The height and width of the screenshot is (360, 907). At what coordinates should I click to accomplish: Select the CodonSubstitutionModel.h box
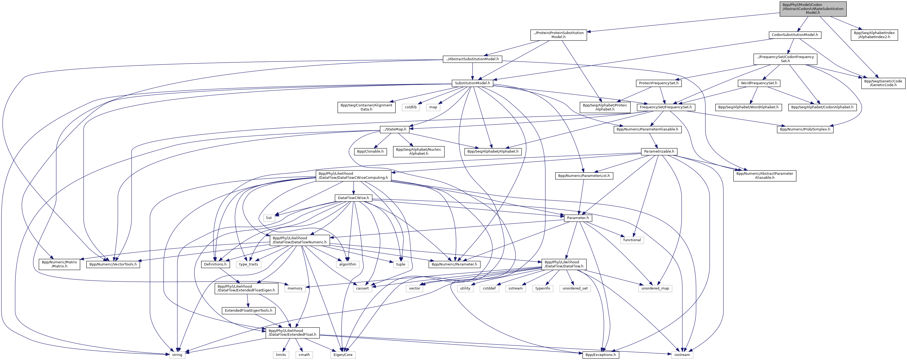795,35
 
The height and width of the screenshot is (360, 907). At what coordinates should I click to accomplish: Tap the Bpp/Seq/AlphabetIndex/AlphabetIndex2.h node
874,35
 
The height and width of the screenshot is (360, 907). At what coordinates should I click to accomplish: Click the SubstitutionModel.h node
472,83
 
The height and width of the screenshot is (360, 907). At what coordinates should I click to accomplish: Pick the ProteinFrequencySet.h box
659,83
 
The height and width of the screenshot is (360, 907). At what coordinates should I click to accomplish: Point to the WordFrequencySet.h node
759,83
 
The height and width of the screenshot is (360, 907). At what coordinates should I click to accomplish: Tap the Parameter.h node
578,218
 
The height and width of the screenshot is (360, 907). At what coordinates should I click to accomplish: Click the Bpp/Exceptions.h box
600,355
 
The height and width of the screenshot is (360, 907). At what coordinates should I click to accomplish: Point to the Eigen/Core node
343,355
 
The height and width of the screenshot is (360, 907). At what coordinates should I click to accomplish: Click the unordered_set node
575,288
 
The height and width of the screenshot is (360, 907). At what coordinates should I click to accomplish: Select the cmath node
304,355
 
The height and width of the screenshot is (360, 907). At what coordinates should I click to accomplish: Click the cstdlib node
411,107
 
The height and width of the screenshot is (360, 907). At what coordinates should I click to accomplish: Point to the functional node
632,240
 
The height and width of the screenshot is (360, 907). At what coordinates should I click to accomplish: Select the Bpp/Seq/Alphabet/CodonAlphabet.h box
822,107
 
